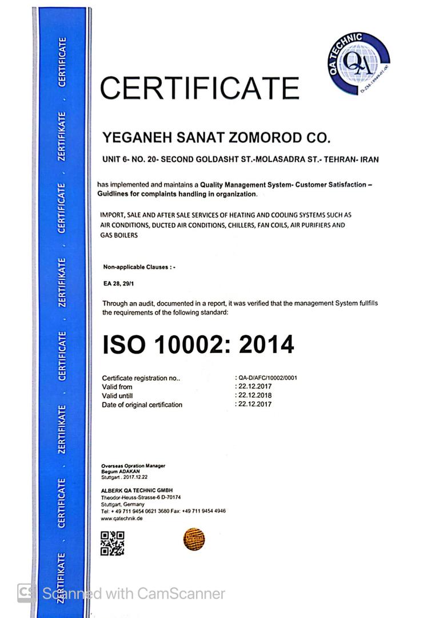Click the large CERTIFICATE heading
tap(199, 88)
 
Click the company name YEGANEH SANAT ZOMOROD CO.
tap(216, 138)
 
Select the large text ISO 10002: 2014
tap(198, 344)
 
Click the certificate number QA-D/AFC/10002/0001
tap(268, 378)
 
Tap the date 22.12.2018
tap(255, 395)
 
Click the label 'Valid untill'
tap(117, 396)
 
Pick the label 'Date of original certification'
tap(142, 405)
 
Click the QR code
tap(112, 543)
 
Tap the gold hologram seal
tap(194, 539)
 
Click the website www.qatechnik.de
tap(122, 518)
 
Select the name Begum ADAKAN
tap(118, 471)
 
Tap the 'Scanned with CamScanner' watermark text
tap(134, 593)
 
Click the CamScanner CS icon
tap(25, 593)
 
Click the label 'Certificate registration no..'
tap(141, 378)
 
